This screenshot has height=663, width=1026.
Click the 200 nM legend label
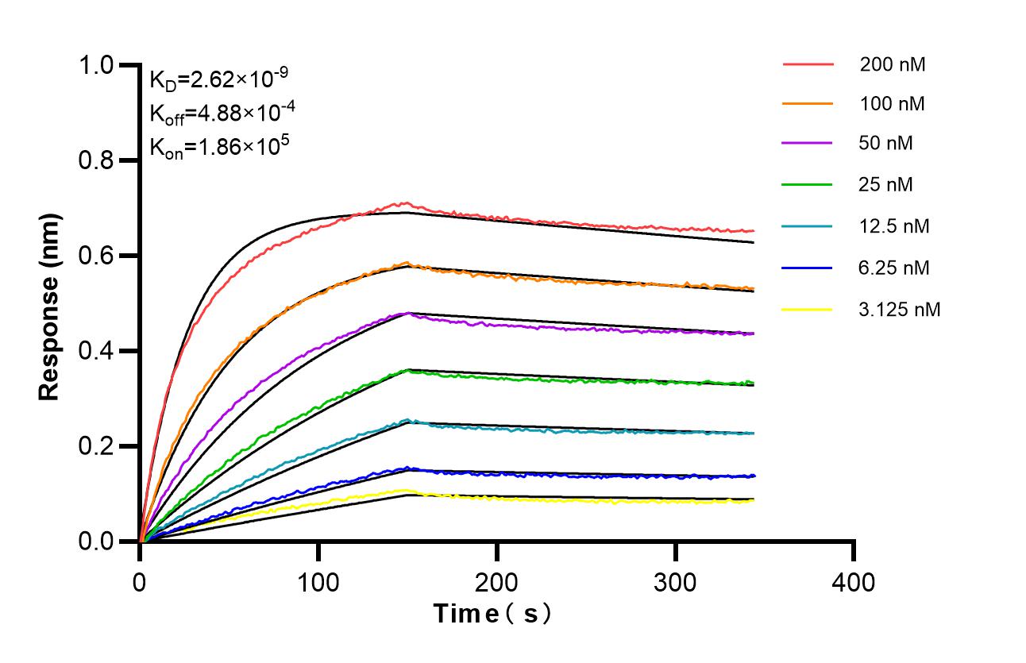pyautogui.click(x=892, y=64)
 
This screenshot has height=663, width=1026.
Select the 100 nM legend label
pyautogui.click(x=892, y=103)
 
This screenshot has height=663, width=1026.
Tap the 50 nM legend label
pyautogui.click(x=886, y=144)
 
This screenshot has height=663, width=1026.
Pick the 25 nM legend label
pyautogui.click(x=886, y=185)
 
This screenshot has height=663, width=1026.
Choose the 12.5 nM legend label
pyautogui.click(x=894, y=226)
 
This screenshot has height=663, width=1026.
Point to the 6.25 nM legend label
pyautogui.click(x=894, y=268)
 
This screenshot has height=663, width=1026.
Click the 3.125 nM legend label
pyautogui.click(x=900, y=309)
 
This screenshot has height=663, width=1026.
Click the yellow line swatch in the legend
pyautogui.click(x=808, y=309)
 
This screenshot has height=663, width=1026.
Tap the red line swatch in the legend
pyautogui.click(x=808, y=64)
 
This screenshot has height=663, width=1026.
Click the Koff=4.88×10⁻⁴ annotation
pyautogui.click(x=222, y=113)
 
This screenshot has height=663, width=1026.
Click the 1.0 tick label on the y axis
pyautogui.click(x=98, y=65)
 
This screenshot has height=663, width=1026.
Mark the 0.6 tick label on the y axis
pyautogui.click(x=98, y=256)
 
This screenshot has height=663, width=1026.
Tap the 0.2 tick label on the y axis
pyautogui.click(x=98, y=446)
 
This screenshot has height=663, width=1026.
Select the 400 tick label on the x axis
pyautogui.click(x=854, y=584)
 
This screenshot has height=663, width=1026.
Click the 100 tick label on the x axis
pyautogui.click(x=318, y=584)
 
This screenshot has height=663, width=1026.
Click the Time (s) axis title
pyautogui.click(x=492, y=614)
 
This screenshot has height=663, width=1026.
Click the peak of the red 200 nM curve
pyautogui.click(x=406, y=202)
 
